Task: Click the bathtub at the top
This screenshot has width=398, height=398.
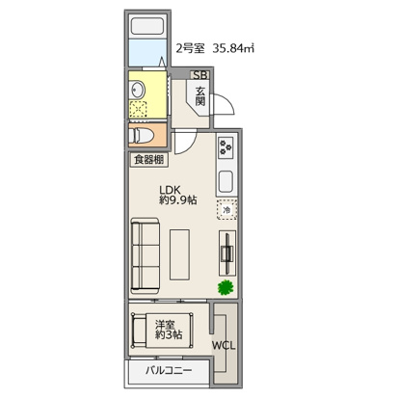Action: click(x=147, y=27)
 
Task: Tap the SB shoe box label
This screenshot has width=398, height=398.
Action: click(x=199, y=75)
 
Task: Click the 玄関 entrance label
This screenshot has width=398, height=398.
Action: click(x=200, y=96)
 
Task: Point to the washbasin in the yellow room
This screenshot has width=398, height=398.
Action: click(x=138, y=90)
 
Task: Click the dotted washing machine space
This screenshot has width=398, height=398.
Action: click(x=138, y=109)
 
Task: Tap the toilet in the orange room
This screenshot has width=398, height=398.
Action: click(x=141, y=136)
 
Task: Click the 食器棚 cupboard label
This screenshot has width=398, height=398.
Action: click(x=148, y=159)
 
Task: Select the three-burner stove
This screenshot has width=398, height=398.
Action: click(x=226, y=147)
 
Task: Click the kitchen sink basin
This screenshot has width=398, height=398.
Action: click(x=226, y=181)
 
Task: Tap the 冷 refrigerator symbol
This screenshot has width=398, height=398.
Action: click(x=226, y=210)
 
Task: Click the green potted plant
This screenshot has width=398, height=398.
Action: click(x=226, y=287)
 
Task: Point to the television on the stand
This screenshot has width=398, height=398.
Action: click(x=227, y=252)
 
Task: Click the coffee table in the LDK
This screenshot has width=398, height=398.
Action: click(x=179, y=254)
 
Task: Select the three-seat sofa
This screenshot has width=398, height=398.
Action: click(x=146, y=255)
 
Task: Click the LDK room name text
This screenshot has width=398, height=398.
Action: click(x=171, y=190)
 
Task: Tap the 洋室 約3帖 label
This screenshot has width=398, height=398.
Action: click(x=169, y=330)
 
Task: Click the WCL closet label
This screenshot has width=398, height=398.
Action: click(x=224, y=346)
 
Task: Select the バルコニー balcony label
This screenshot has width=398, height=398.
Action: click(x=169, y=370)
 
